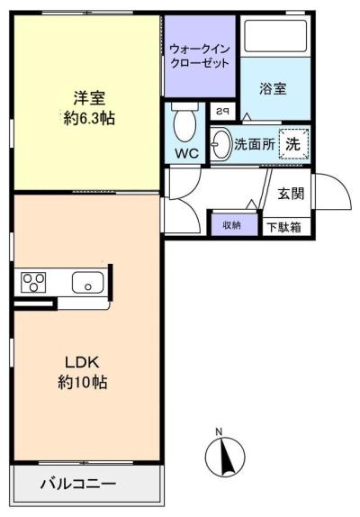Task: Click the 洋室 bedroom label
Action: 89,98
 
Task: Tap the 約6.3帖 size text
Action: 89,118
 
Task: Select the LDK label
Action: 82,362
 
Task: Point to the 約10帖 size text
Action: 82,383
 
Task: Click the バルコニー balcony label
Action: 78,484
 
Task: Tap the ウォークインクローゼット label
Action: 200,56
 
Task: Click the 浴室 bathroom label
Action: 273,88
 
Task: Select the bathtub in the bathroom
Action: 275,35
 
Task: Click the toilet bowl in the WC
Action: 185,122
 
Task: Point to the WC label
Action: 186,153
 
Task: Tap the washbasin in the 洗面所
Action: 220,144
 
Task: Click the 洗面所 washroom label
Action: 254,144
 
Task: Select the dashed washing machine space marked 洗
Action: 294,144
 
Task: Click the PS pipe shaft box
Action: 223,112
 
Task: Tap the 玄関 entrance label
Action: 291,194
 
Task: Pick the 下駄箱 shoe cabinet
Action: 286,227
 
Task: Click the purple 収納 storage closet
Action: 234,225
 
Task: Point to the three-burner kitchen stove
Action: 33,283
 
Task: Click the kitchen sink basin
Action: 87,283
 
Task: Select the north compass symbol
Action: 225,456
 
